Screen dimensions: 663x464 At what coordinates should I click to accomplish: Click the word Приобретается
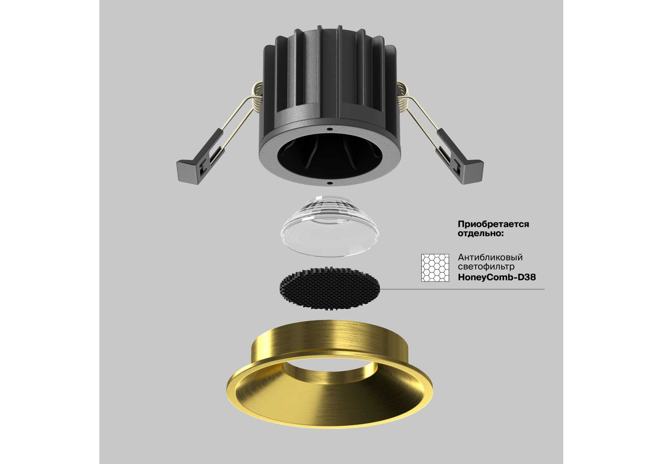(493, 224)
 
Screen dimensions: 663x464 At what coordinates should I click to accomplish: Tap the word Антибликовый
(490, 258)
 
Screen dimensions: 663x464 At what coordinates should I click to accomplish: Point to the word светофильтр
(486, 267)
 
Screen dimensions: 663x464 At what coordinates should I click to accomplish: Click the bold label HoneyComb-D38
(497, 277)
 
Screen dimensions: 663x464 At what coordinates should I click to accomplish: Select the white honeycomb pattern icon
(435, 268)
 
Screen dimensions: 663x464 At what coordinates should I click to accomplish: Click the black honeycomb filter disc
(330, 288)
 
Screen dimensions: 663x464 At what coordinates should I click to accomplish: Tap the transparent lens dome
(330, 226)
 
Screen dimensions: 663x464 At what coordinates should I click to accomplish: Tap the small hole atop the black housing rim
(330, 128)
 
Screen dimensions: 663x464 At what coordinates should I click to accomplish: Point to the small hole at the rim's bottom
(329, 182)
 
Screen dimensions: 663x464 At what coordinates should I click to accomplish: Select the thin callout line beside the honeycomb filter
(462, 289)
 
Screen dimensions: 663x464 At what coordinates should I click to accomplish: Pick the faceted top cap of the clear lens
(330, 207)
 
